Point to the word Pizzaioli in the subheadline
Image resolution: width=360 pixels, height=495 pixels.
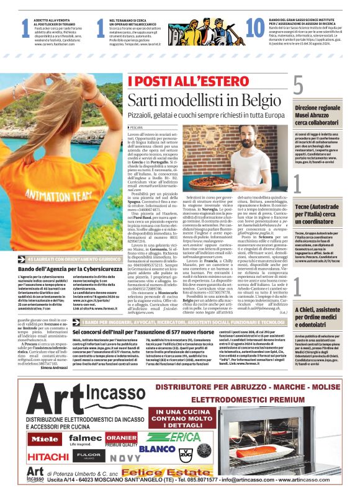click(144, 115)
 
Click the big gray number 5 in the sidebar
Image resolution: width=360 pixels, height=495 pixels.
click(299, 84)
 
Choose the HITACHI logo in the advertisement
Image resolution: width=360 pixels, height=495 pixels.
click(48, 457)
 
